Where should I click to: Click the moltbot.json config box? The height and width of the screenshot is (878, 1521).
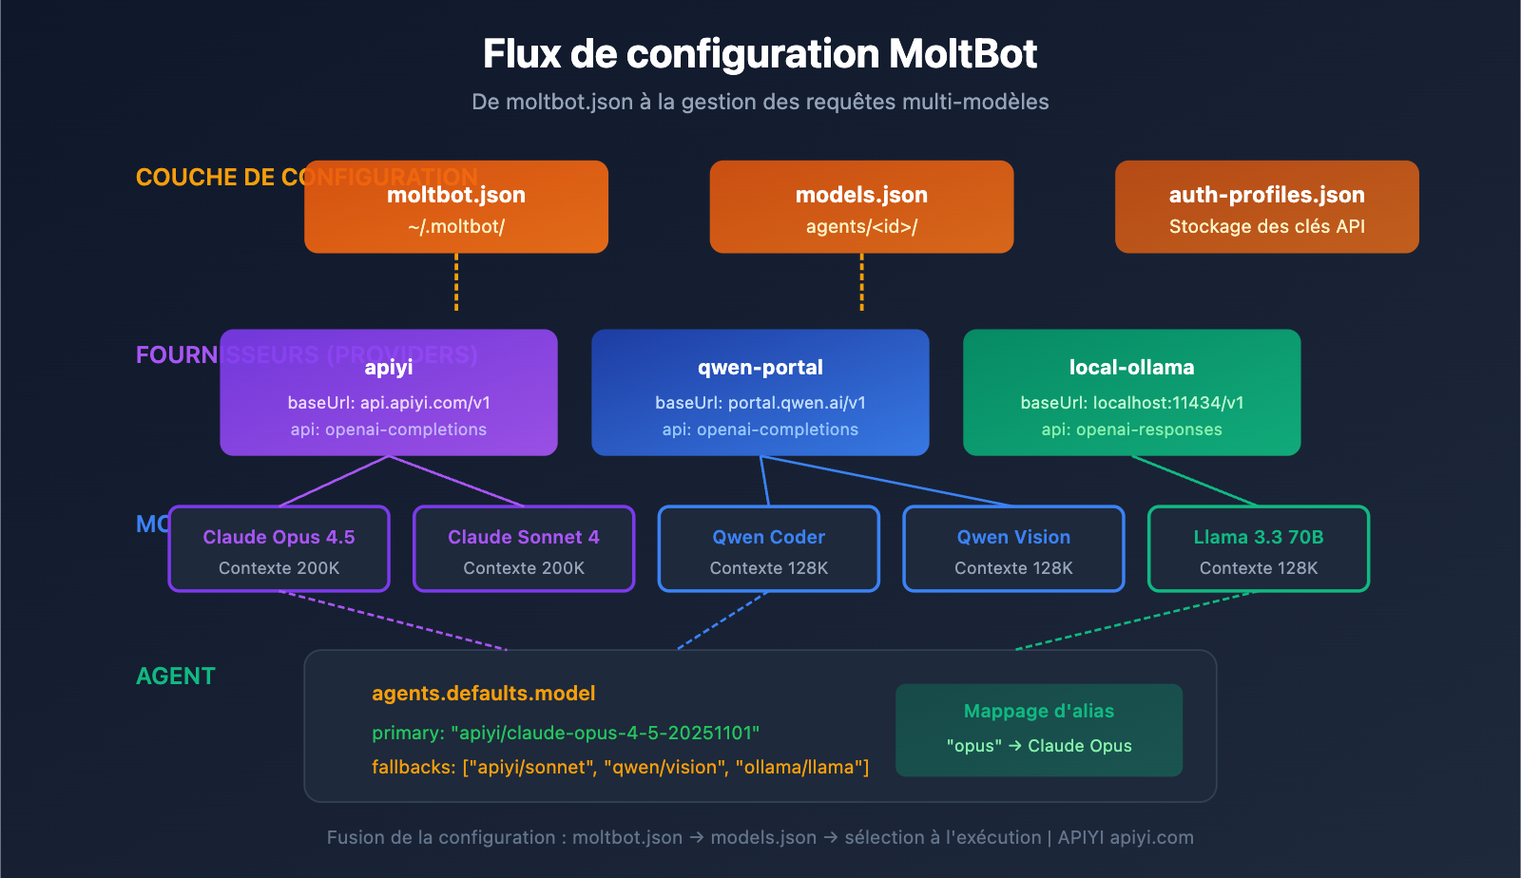click(x=456, y=207)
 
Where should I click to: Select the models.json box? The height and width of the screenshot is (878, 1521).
click(x=861, y=207)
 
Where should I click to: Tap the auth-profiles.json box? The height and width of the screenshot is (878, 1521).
click(x=1266, y=207)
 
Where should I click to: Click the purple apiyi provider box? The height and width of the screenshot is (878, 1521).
click(x=389, y=392)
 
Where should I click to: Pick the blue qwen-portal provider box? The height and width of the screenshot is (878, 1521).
click(x=760, y=392)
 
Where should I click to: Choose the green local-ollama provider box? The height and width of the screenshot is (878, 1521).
click(x=1131, y=392)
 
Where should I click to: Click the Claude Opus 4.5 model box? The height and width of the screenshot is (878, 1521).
click(x=279, y=549)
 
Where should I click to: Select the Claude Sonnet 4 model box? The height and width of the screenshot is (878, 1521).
click(x=524, y=549)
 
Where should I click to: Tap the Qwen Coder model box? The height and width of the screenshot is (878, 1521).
click(x=768, y=549)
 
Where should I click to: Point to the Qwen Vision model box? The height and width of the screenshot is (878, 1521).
click(x=1013, y=549)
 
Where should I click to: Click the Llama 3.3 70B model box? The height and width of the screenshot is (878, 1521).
click(x=1259, y=549)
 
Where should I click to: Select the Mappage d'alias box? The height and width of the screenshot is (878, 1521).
click(x=1039, y=730)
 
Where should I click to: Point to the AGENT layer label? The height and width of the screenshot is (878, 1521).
click(x=176, y=677)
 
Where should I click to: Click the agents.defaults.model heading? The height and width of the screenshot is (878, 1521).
click(x=483, y=694)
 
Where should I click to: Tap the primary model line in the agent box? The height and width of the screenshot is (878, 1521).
click(x=566, y=734)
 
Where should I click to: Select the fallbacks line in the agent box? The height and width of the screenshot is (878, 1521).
click(x=620, y=768)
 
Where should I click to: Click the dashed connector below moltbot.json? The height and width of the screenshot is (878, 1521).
click(x=456, y=282)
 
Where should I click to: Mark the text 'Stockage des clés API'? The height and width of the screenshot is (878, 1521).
click(x=1266, y=227)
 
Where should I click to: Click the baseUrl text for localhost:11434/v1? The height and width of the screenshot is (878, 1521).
click(x=1131, y=403)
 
